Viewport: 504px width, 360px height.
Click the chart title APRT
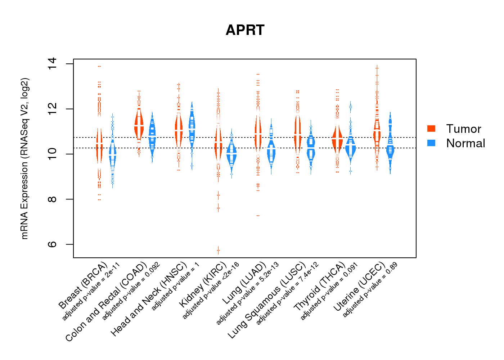point(245,30)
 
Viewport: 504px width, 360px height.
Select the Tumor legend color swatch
point(431,129)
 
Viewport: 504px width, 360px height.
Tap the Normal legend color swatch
point(431,143)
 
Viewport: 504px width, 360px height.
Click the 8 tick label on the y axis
point(52,199)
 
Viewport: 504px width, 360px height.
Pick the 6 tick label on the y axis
point(52,244)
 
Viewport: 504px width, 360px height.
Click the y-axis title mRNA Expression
point(24,158)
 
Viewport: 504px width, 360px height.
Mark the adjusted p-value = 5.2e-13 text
point(247,294)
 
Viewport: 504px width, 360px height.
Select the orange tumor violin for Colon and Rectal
point(139,124)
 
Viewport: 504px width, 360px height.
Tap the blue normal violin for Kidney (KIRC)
point(232,154)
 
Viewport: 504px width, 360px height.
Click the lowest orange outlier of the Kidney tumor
point(218,250)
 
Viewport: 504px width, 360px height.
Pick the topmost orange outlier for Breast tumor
point(99,66)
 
